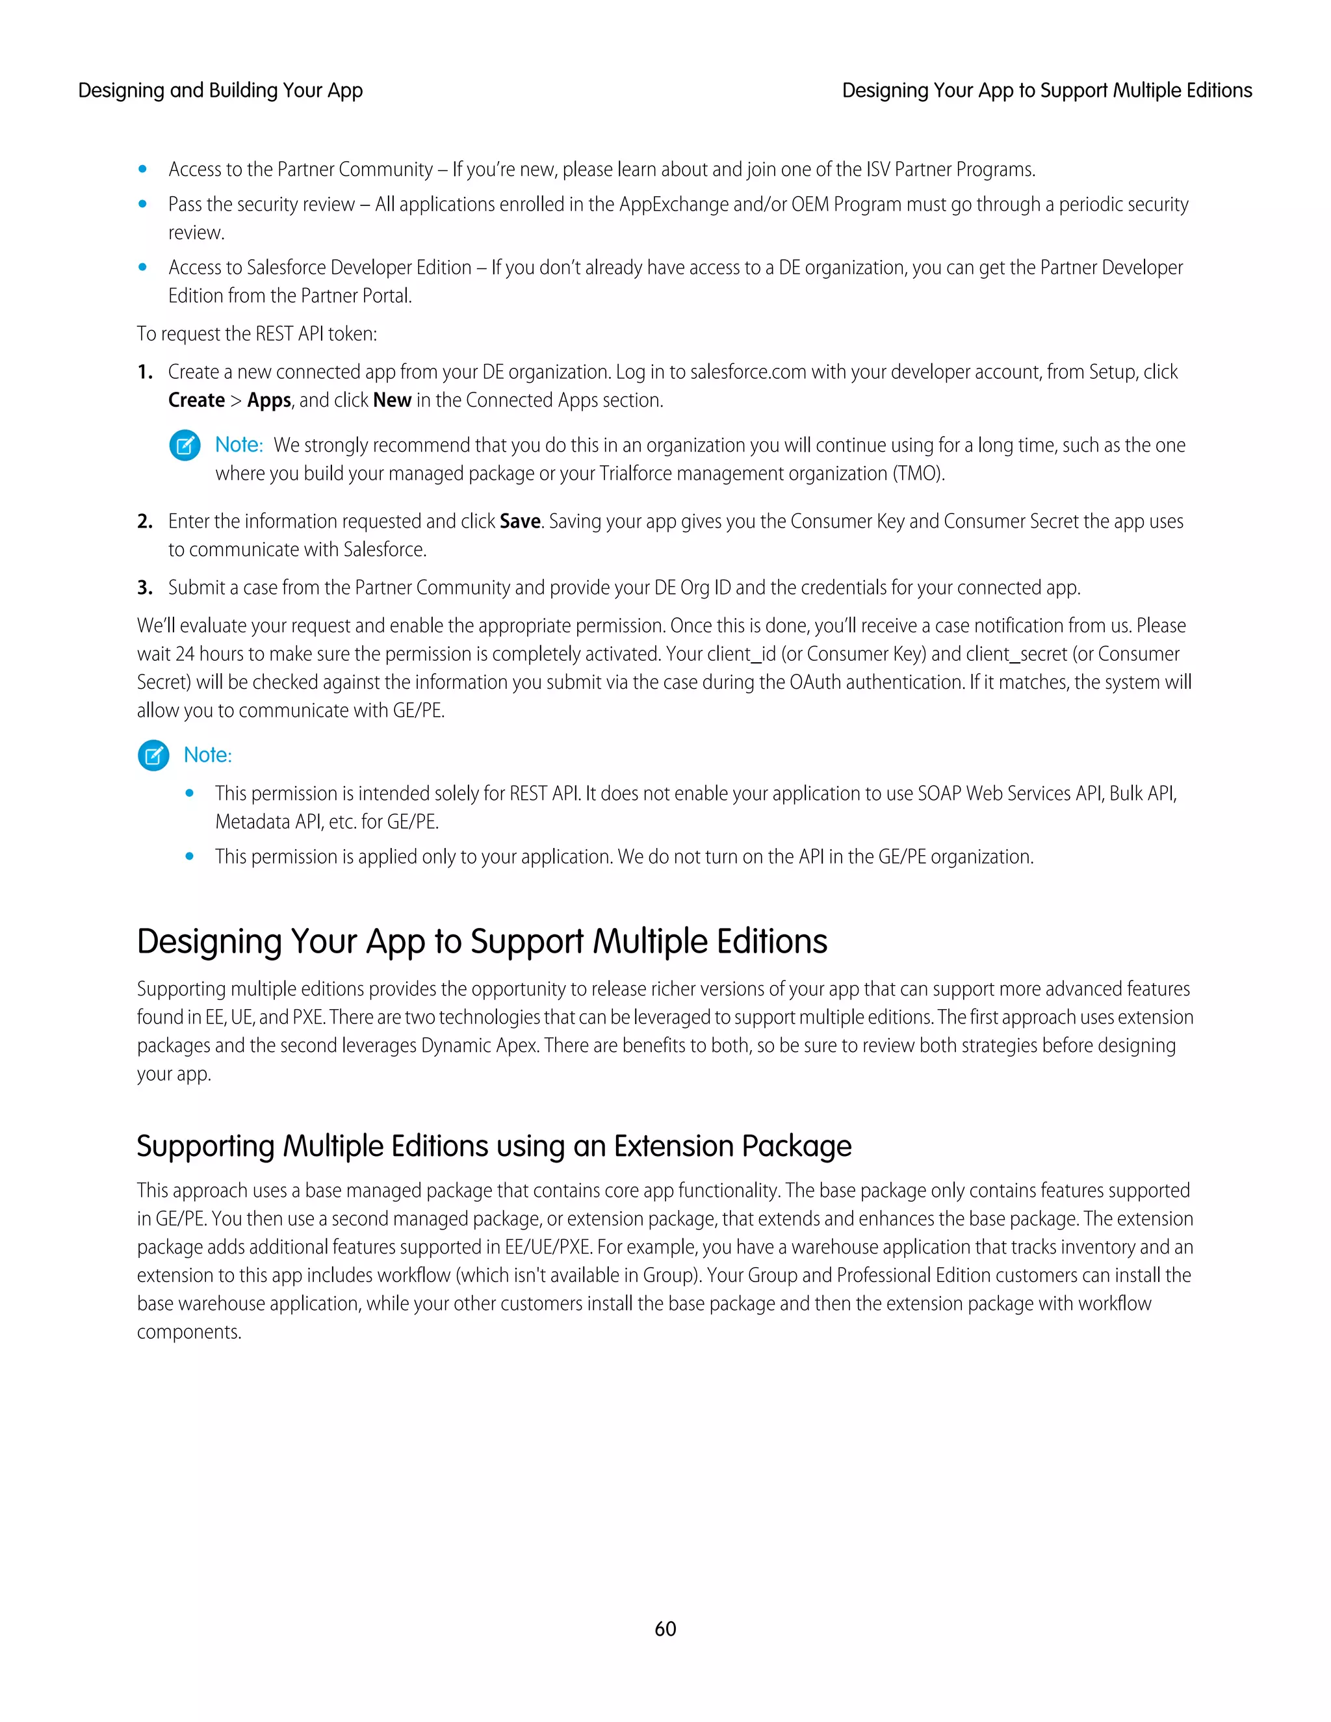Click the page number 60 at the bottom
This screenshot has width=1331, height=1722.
(x=665, y=1628)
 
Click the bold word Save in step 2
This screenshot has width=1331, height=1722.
(x=520, y=521)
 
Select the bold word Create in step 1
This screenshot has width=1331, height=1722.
(x=196, y=400)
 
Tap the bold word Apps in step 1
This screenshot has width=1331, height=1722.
(x=269, y=400)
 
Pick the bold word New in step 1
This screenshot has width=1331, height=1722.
(x=392, y=400)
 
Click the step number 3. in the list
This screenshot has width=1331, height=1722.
(x=144, y=587)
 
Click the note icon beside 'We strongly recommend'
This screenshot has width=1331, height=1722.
(x=185, y=446)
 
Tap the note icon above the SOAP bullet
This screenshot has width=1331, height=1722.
(x=153, y=755)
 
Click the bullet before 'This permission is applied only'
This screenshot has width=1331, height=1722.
(x=189, y=856)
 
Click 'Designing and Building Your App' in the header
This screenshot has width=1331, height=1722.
(x=220, y=91)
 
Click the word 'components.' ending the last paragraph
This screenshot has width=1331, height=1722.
(x=189, y=1333)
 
